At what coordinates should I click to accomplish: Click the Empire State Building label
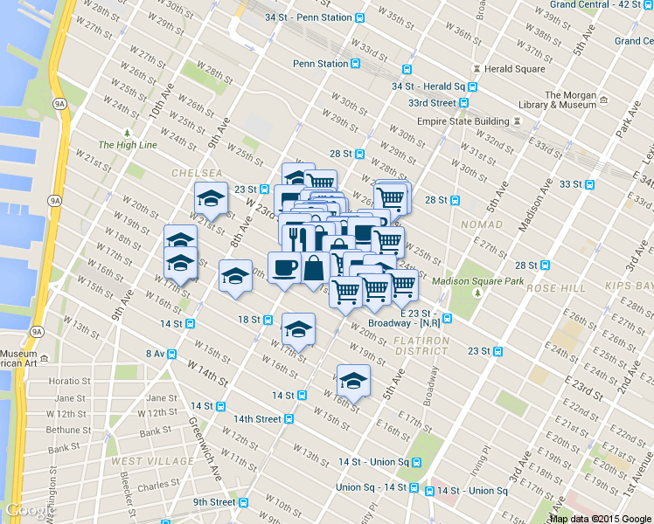463,121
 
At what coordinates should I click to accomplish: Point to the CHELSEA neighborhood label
197,173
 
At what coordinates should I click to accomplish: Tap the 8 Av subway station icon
171,354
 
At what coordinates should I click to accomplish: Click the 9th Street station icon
243,502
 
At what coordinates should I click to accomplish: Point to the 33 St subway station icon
590,184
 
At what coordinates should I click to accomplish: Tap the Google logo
26,510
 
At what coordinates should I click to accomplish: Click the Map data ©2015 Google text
601,518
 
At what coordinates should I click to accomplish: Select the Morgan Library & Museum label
569,100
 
